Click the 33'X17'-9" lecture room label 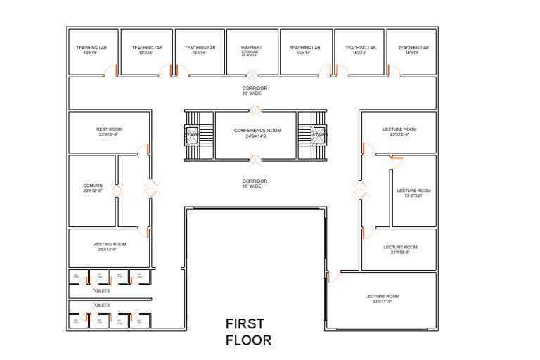[382, 298]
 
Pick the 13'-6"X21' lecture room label [413, 193]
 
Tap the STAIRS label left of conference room [193, 134]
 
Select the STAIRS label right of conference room [320, 134]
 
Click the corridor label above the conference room [255, 91]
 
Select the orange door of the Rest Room [148, 149]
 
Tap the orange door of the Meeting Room [148, 232]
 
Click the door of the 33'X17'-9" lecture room [331, 276]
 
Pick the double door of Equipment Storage [252, 73]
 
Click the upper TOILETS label [101, 290]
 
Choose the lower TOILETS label [101, 305]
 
